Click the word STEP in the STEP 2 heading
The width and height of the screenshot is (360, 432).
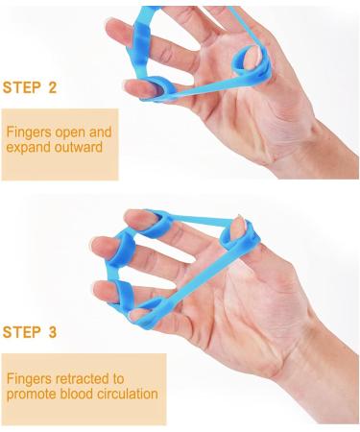point(22,87)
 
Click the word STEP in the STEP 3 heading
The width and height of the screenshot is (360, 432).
point(22,333)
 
